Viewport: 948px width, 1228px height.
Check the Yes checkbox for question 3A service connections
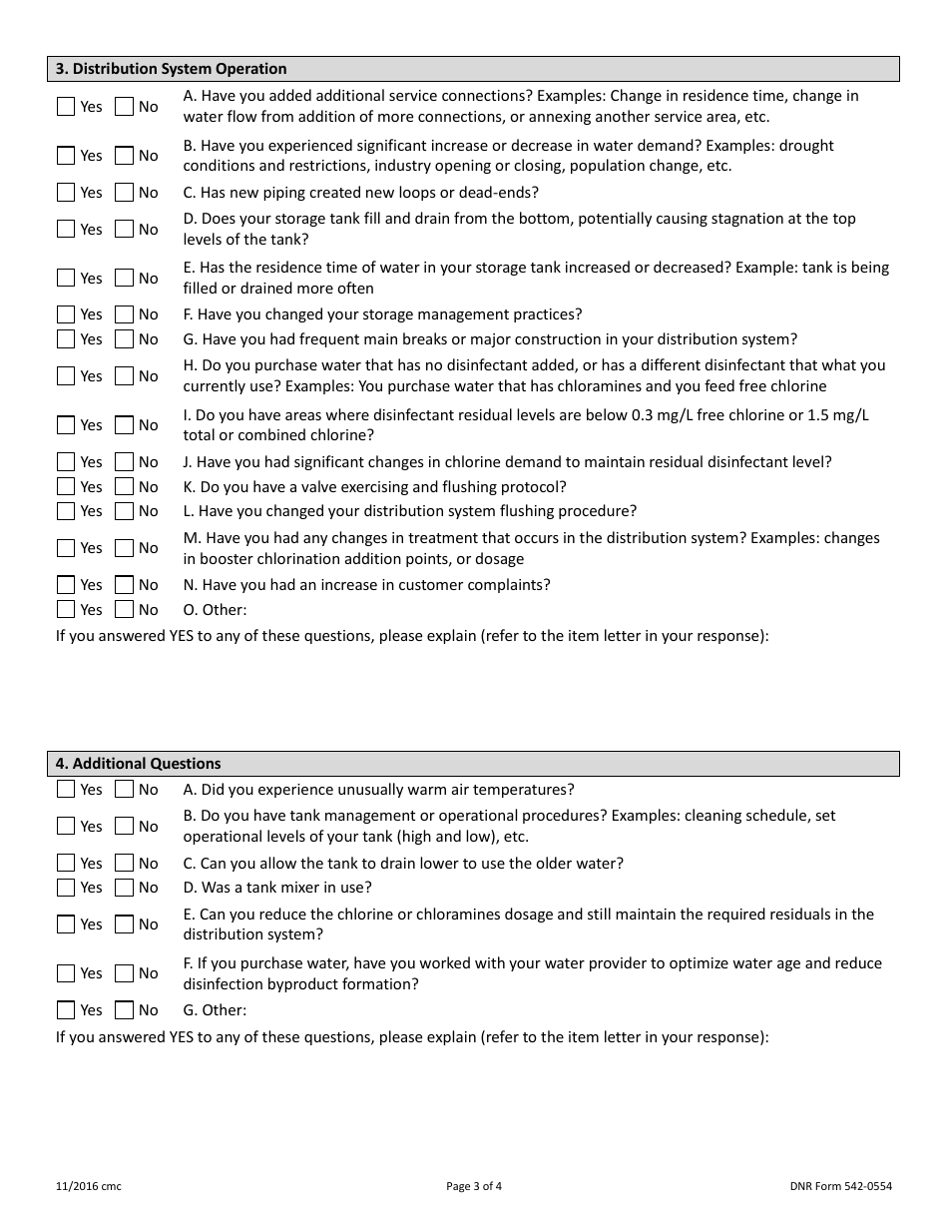click(x=66, y=107)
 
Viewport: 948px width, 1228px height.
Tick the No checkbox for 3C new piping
click(x=124, y=193)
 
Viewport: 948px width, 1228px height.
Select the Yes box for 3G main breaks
click(x=66, y=339)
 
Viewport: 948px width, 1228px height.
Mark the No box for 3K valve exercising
click(x=124, y=487)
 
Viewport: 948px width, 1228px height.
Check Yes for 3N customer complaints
click(x=66, y=585)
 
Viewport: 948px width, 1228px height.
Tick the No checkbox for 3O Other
click(x=124, y=610)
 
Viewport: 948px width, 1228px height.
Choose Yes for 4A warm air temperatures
click(x=66, y=790)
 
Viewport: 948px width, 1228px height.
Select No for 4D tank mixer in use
click(x=124, y=888)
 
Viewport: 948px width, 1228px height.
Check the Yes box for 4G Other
click(x=66, y=1010)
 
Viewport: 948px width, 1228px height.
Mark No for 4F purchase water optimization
click(x=124, y=973)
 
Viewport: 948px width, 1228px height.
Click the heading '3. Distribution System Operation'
click(x=171, y=69)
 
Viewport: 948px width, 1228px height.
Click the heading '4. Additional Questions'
click(x=138, y=764)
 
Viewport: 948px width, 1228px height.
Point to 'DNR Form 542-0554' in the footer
click(x=840, y=1187)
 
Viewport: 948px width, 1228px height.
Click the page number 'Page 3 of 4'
click(x=474, y=1187)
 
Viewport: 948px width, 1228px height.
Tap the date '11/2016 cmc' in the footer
click(x=89, y=1187)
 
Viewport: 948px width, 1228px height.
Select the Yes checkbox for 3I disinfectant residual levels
click(x=66, y=425)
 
